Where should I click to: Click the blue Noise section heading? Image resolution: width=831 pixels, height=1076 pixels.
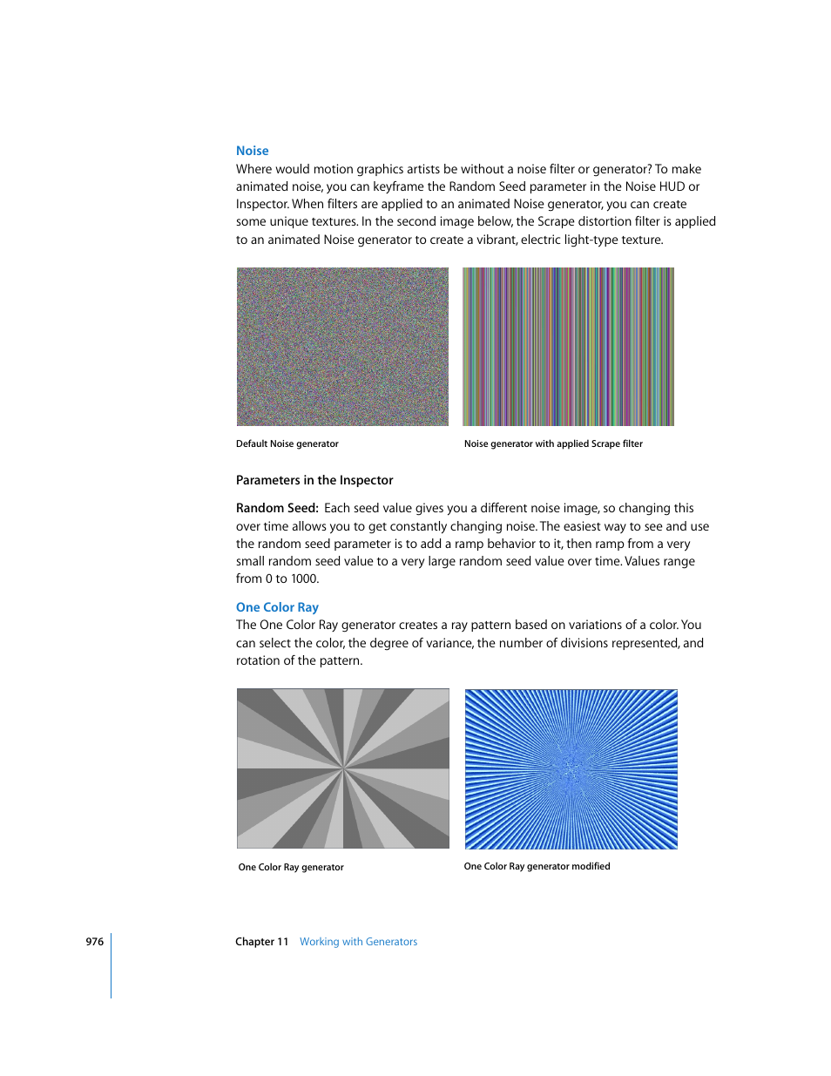[x=252, y=151]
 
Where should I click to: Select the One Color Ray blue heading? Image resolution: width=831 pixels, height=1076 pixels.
[x=277, y=607]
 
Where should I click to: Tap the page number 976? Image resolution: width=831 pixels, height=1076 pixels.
[x=94, y=942]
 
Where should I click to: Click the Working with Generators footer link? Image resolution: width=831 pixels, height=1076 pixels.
[x=358, y=942]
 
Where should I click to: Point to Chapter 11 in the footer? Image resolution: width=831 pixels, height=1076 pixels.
[x=261, y=942]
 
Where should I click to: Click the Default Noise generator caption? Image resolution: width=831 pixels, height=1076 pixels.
[x=287, y=444]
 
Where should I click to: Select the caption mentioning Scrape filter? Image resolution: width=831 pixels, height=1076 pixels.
[x=553, y=444]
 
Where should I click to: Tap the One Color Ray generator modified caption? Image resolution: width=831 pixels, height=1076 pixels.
[x=537, y=867]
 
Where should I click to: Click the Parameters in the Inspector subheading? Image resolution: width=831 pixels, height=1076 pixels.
[x=314, y=480]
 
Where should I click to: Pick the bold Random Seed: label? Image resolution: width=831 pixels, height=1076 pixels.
[x=277, y=508]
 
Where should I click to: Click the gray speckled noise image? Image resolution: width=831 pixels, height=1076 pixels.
[x=342, y=347]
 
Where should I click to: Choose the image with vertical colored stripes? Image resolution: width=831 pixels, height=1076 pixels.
[x=568, y=347]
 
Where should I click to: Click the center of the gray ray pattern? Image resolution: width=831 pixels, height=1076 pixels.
[x=343, y=768]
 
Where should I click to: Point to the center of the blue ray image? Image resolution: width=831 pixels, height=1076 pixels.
[x=571, y=769]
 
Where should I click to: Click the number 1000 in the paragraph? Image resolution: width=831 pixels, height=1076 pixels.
[x=304, y=579]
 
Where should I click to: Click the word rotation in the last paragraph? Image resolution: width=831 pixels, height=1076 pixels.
[x=259, y=660]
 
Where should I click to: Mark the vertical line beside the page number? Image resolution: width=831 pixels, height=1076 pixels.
[x=111, y=965]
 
